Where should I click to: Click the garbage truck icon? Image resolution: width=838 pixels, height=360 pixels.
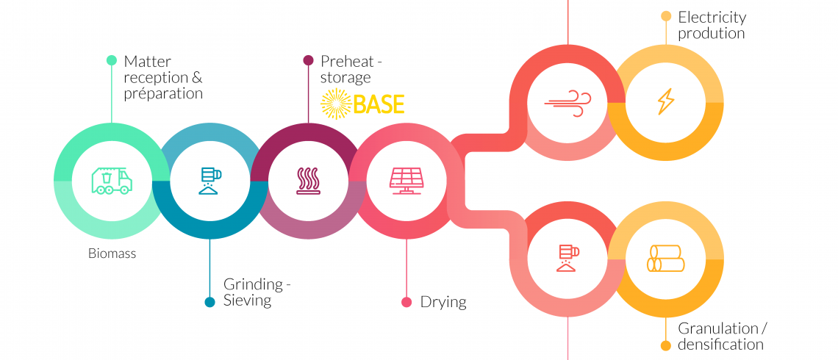pos(112,181)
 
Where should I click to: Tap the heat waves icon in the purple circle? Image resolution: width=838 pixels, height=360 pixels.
pos(309,181)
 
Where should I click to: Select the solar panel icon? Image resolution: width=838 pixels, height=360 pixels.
pos(407,181)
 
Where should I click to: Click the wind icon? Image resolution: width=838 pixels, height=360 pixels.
pos(567,103)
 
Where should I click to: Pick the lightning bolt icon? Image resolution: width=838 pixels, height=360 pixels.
pos(665,101)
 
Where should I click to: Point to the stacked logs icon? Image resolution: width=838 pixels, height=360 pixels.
pos(665,259)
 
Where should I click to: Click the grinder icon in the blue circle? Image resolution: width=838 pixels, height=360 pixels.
pos(210,181)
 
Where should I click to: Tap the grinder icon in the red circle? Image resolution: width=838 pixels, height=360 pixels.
pos(567,259)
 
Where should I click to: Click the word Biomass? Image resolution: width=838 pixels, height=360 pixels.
pos(112,253)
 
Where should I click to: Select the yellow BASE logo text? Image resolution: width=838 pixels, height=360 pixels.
pos(379,104)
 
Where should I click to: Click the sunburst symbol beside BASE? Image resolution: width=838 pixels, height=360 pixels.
pos(336,104)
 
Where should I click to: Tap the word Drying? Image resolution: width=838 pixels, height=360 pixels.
pos(443,302)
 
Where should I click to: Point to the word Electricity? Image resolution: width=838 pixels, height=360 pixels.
pos(712,17)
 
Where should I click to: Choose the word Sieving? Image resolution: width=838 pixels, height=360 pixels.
pos(248,300)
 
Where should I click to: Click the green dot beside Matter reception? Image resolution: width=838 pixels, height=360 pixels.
pos(111,60)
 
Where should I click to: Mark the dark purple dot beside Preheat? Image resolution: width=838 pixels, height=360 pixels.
pos(308,60)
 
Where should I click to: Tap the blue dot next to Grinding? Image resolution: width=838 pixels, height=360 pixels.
pos(209,302)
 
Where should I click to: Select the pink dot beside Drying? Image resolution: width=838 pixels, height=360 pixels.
pos(407,302)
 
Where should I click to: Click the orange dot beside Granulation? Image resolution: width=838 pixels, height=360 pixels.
pos(665,345)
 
